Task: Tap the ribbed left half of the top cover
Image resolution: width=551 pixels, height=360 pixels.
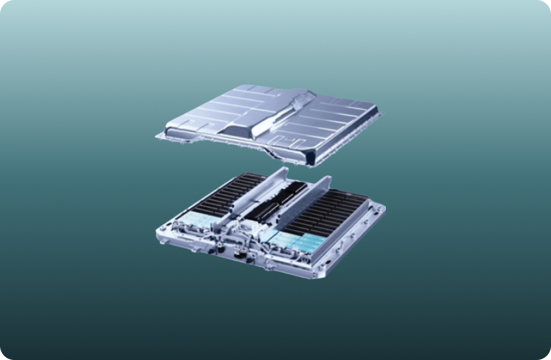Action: (x=216, y=114)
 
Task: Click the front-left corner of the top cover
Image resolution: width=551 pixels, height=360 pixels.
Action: (x=161, y=136)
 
